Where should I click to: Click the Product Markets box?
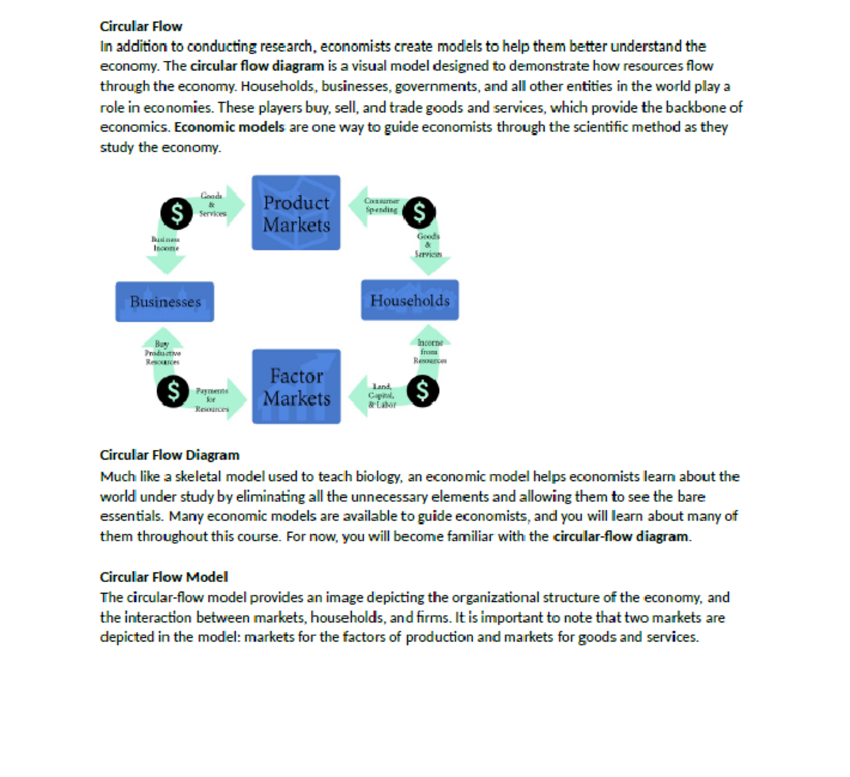[296, 213]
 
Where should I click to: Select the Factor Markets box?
[296, 387]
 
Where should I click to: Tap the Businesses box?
[164, 302]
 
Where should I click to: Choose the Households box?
[409, 300]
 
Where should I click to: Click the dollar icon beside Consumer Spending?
[419, 212]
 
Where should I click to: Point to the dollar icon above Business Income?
[176, 212]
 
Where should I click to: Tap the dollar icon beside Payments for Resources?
[173, 390]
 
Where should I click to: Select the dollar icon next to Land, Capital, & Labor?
[422, 390]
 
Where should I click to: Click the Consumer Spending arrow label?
[382, 205]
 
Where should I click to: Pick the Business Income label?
[166, 244]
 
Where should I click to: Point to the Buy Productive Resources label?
[162, 353]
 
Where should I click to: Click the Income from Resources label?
[429, 351]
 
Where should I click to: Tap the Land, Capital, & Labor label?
[382, 396]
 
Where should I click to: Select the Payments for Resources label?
[212, 399]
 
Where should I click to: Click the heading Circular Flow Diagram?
[169, 455]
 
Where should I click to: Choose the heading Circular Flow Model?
[164, 577]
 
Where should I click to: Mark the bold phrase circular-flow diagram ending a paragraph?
[621, 536]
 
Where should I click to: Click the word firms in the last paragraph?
[432, 618]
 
